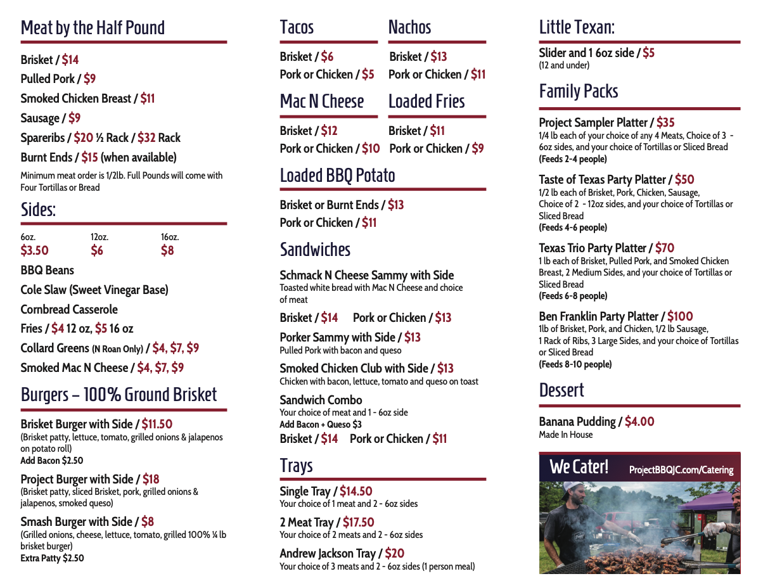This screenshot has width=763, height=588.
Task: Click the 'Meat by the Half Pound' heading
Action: click(93, 28)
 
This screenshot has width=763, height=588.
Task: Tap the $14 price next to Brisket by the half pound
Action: click(70, 60)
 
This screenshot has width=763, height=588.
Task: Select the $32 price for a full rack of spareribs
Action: click(146, 137)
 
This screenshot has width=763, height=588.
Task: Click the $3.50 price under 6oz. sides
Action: click(34, 250)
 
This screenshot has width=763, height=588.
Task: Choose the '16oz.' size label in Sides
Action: click(170, 237)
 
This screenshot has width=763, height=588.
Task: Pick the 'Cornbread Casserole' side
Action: click(69, 309)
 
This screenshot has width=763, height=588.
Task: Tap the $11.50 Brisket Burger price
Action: click(157, 424)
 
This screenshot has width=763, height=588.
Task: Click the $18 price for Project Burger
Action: click(151, 479)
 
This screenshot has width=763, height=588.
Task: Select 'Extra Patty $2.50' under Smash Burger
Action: click(52, 558)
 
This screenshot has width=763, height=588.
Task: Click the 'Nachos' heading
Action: click(409, 27)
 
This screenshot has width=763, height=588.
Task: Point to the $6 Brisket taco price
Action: click(327, 56)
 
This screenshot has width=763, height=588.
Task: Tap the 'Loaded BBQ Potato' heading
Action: click(337, 176)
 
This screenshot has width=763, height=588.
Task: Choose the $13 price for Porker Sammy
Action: click(412, 337)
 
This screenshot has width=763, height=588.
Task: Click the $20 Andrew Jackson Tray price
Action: click(394, 553)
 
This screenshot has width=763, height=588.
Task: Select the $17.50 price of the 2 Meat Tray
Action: click(358, 522)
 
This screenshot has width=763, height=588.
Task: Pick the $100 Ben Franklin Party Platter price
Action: click(680, 316)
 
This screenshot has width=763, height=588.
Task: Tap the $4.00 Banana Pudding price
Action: click(639, 421)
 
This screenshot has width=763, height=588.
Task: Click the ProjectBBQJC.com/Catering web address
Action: click(681, 470)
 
